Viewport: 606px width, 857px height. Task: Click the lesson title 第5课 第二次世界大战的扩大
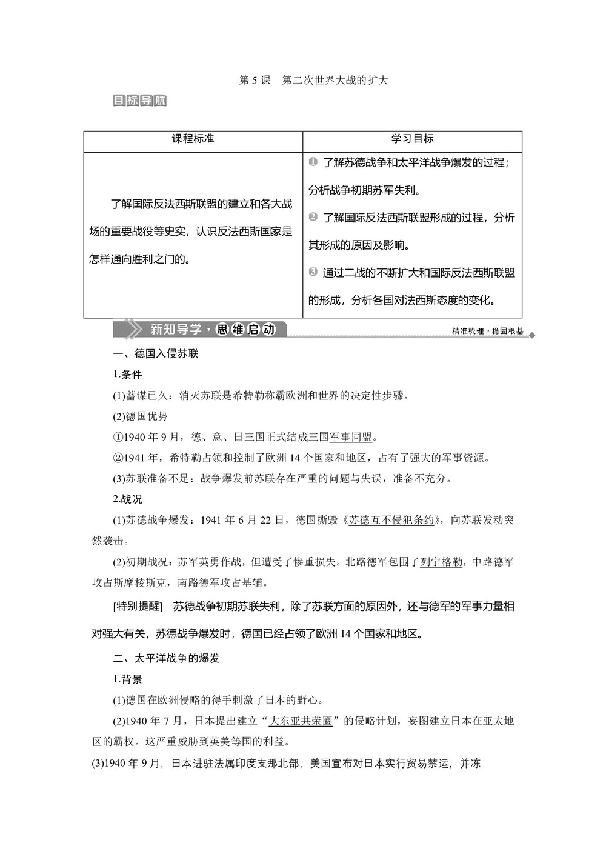[x=313, y=81]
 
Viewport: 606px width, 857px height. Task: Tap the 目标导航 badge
[x=139, y=101]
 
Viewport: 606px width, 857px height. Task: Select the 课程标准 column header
[x=193, y=139]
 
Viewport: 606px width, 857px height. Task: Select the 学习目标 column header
[x=412, y=139]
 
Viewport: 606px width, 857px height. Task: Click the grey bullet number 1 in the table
[x=313, y=162]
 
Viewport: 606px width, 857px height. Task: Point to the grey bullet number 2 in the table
[x=313, y=217]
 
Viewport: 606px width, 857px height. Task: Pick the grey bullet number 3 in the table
[x=313, y=272]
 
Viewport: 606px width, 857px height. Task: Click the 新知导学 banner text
[x=175, y=329]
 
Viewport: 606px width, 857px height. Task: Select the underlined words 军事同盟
[x=350, y=437]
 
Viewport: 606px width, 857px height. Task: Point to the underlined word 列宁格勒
[x=441, y=562]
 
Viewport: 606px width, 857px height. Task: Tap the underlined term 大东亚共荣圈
[x=301, y=721]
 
